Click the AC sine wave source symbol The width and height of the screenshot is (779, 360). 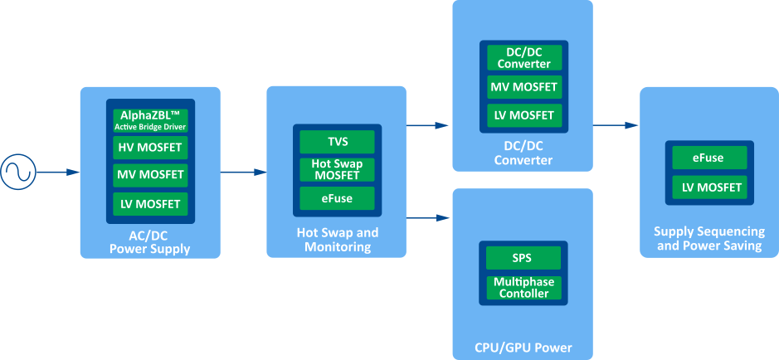pos(17,173)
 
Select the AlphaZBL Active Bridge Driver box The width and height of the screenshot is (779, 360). pos(151,120)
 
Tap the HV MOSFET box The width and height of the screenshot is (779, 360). pos(151,148)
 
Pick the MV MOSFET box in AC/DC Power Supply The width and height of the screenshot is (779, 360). pos(151,176)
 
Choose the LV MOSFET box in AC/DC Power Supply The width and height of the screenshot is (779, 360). pos(151,203)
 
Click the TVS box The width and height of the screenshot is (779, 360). pos(337,141)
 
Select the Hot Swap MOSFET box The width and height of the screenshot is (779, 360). pos(337,169)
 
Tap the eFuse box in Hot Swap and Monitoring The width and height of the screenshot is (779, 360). pos(337,197)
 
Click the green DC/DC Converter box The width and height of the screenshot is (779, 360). pos(523,58)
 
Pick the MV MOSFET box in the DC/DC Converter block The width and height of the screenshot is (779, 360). pos(523,86)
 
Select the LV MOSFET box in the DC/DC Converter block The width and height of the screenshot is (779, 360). pos(523,114)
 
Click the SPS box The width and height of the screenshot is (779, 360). pos(523,257)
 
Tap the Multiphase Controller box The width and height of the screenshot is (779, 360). pos(523,287)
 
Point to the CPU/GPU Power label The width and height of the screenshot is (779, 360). pos(523,347)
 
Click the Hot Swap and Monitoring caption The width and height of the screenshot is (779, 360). pos(337,240)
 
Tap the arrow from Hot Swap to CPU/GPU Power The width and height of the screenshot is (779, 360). pos(428,219)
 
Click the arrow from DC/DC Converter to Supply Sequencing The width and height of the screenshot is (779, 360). pos(616,125)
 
